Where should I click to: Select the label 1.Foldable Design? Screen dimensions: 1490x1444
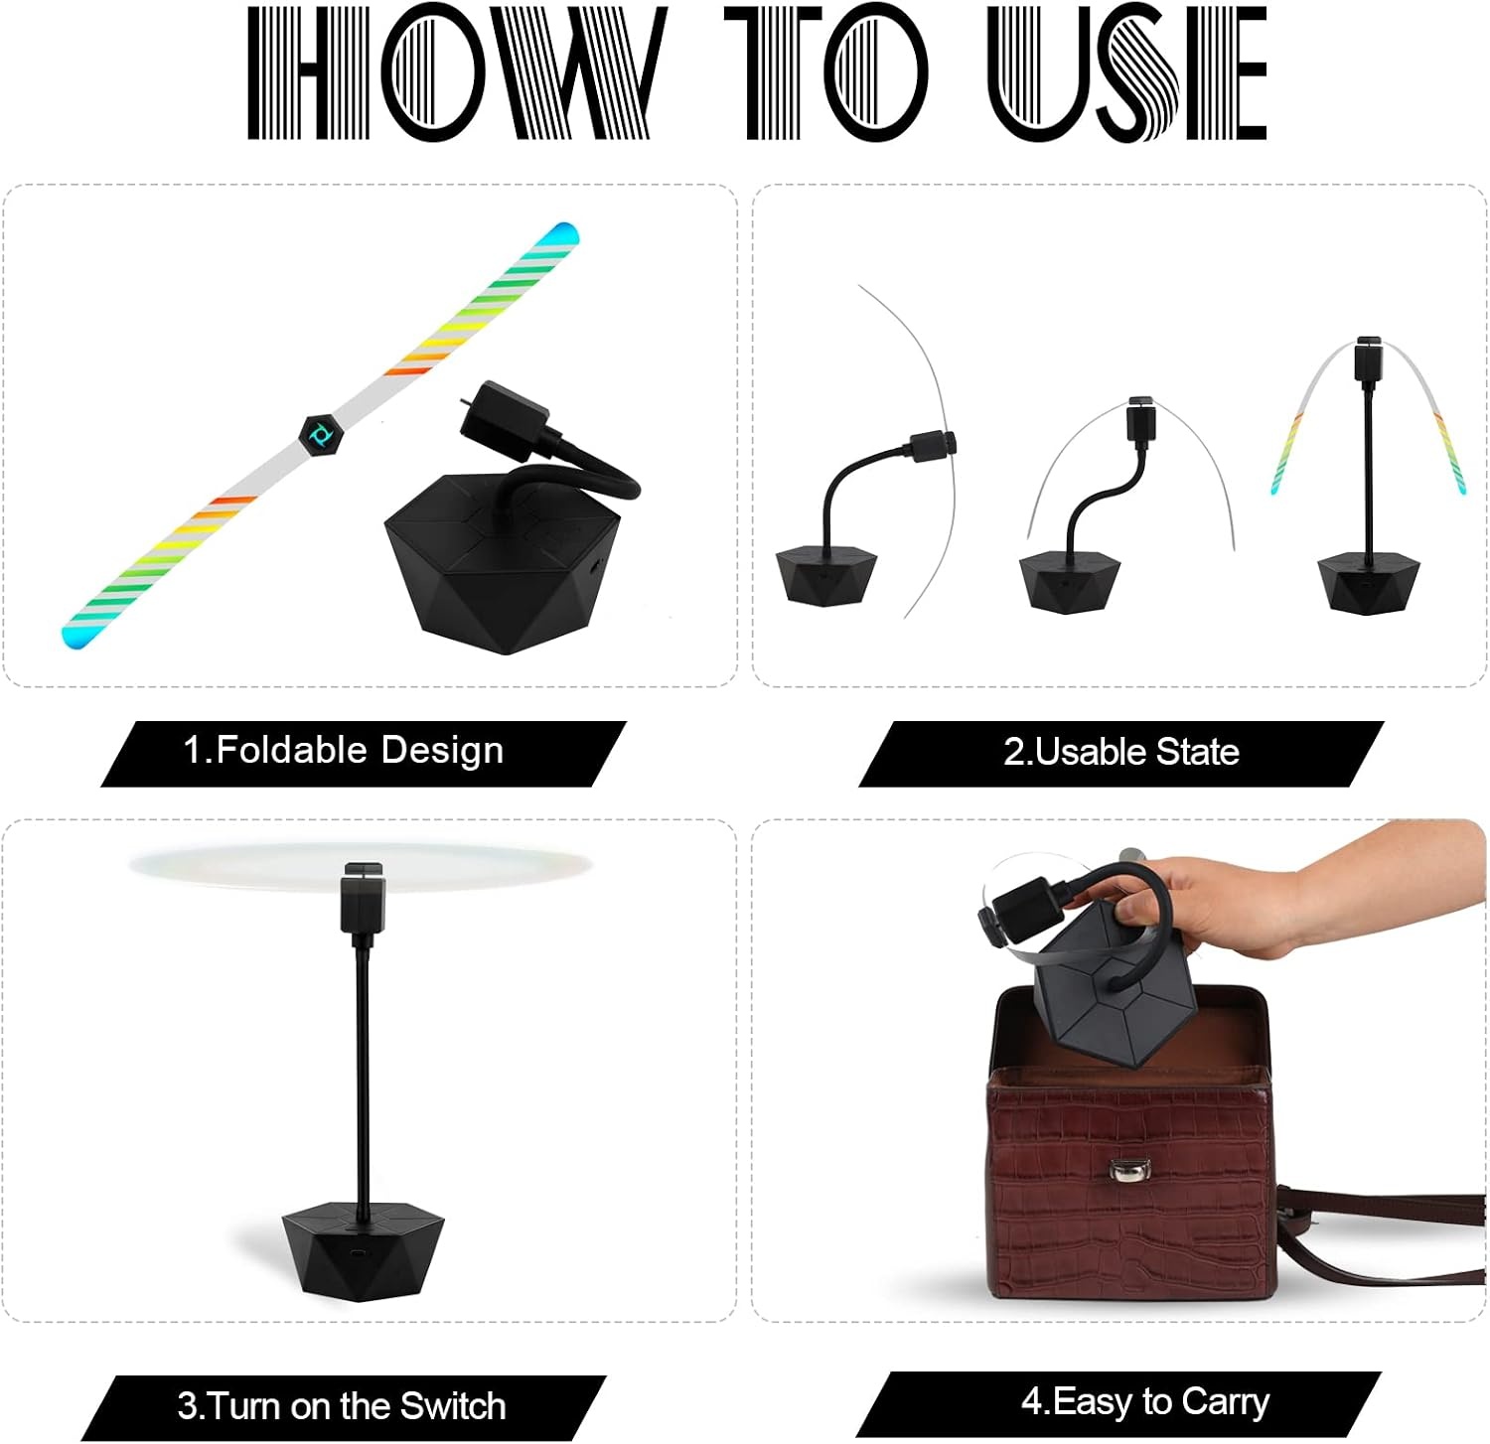click(344, 750)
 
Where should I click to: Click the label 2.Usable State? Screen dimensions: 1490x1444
click(1121, 752)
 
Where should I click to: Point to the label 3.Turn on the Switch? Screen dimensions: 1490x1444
click(342, 1406)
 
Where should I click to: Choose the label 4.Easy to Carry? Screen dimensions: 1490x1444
click(1145, 1401)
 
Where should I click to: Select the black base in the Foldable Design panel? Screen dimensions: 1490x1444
click(502, 562)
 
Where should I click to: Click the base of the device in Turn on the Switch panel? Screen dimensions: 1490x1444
click(364, 1249)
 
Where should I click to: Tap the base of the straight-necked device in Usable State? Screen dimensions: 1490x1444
click(1368, 584)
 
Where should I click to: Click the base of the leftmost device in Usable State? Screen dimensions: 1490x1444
click(826, 574)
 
